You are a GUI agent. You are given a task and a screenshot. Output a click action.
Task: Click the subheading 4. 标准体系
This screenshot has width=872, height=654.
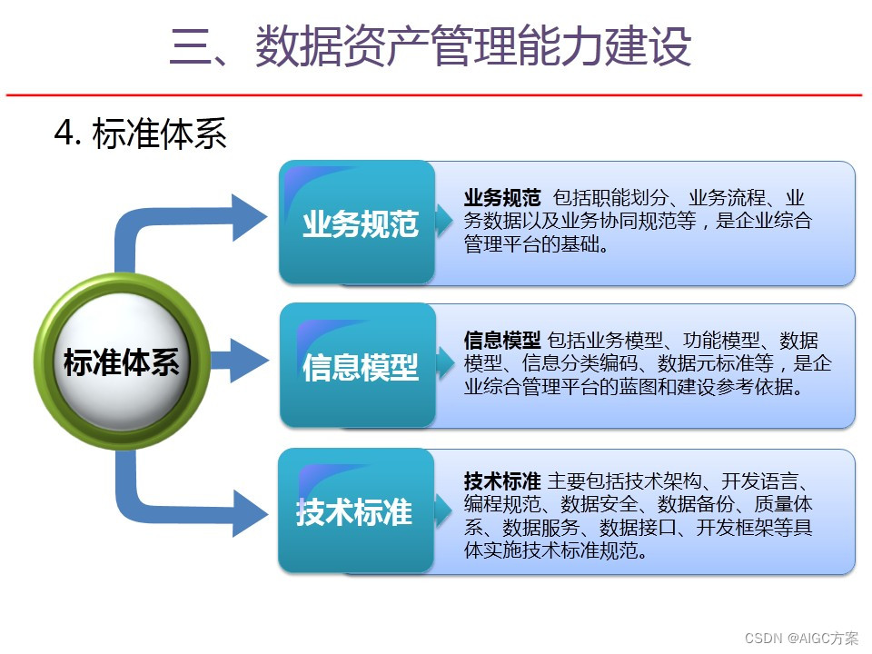140,134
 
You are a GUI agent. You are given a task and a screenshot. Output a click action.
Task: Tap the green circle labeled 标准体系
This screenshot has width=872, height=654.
121,363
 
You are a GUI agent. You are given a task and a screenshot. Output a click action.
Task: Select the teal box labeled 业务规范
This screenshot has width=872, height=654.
360,223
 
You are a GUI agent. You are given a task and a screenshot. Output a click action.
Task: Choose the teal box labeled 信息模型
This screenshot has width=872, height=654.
360,367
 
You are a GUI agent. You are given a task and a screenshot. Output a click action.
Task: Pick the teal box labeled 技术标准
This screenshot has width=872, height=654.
354,512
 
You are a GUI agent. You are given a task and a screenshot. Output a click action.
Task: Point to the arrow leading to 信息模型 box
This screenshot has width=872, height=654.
241,361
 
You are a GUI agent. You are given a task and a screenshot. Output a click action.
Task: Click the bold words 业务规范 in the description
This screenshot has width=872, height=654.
502,198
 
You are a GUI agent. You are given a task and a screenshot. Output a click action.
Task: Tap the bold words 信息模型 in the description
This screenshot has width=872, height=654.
502,341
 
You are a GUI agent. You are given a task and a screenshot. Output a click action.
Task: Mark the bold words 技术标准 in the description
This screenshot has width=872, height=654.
502,481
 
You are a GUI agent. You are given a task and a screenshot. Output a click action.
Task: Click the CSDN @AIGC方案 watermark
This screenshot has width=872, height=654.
801,638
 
